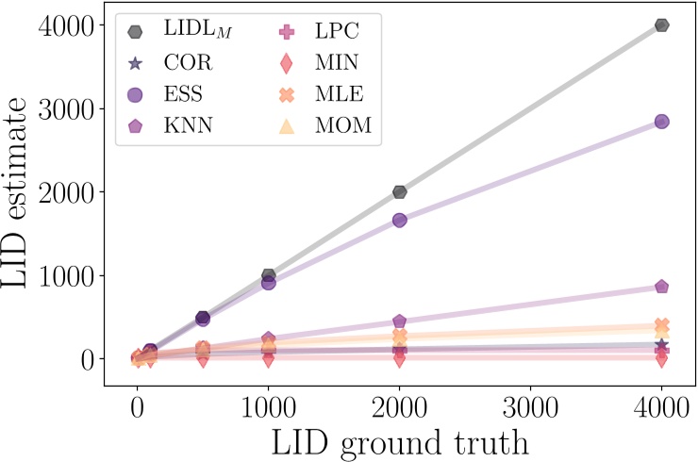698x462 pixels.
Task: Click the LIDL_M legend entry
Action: [179, 31]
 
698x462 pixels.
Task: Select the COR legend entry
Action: [179, 63]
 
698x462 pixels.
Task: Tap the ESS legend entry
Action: [179, 94]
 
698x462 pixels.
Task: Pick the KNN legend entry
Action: [179, 125]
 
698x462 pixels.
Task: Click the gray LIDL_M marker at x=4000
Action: [661, 25]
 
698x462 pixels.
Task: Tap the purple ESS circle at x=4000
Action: [661, 122]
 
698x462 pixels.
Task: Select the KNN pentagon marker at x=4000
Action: [661, 287]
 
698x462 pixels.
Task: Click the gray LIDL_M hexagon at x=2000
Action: [399, 191]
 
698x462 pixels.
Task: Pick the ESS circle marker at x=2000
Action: [399, 220]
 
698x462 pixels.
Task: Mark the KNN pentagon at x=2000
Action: [399, 322]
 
